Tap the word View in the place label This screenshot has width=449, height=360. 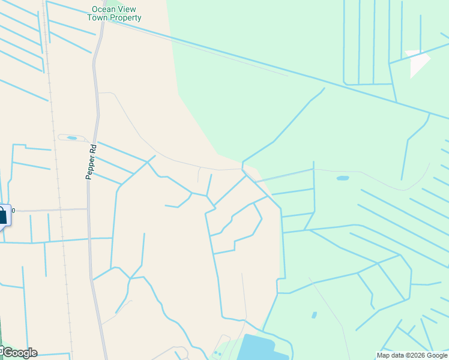(127, 9)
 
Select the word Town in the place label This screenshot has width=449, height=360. (98, 18)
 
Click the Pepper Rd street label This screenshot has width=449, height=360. (91, 161)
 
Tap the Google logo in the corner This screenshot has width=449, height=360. (19, 352)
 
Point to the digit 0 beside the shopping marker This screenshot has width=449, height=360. (13, 211)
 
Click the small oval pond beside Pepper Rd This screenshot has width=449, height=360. (72, 138)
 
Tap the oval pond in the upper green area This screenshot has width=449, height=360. (343, 178)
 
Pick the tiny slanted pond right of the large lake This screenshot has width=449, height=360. (314, 315)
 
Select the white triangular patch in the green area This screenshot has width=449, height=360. (419, 62)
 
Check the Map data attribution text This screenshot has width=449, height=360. (390, 355)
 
